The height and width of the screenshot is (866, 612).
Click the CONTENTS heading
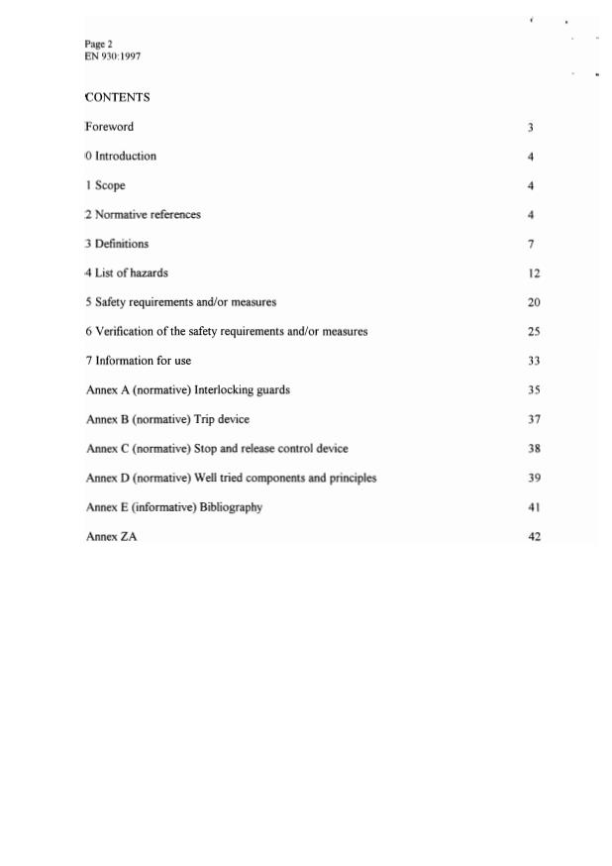(118, 97)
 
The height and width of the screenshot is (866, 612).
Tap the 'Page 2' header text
(98, 44)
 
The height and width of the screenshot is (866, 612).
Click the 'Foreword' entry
(109, 127)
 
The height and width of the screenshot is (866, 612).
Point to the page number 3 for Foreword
(531, 128)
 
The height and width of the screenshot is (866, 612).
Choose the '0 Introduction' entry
(121, 156)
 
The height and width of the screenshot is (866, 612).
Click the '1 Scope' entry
(105, 185)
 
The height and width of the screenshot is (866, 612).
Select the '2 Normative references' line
(143, 214)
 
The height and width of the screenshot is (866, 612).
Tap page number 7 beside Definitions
(532, 244)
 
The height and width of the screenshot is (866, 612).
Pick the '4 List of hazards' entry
(126, 272)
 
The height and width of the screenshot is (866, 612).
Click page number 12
(534, 273)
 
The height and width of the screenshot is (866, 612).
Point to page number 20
(534, 302)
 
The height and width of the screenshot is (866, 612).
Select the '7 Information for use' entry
(138, 361)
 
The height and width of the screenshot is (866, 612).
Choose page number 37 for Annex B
(534, 419)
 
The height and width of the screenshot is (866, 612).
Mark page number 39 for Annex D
(534, 479)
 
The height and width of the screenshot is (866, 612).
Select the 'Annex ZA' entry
(111, 536)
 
